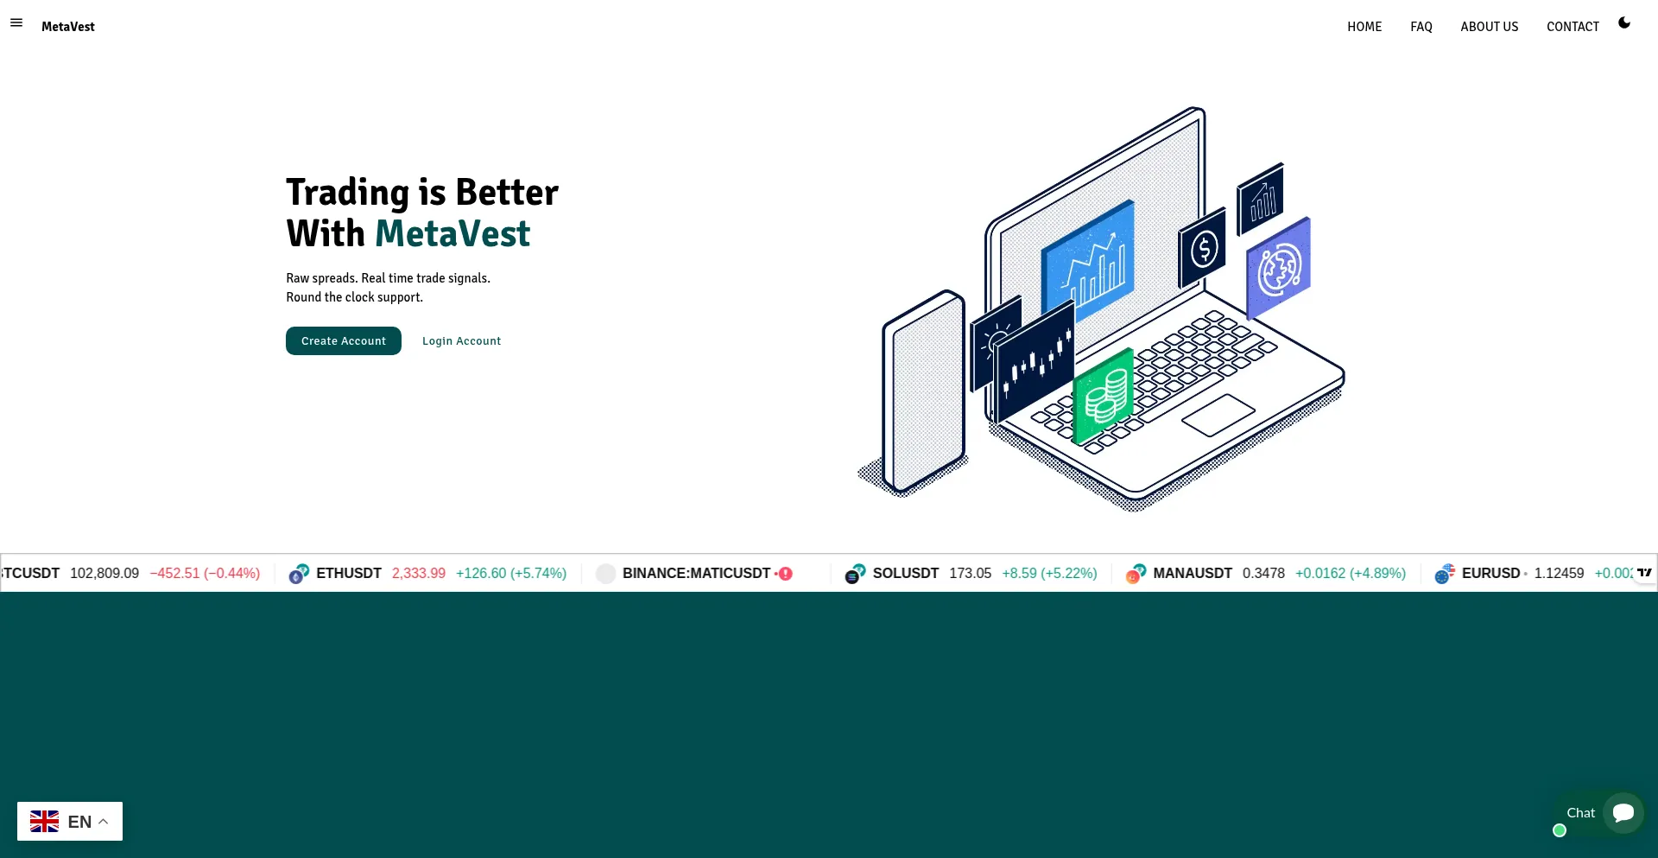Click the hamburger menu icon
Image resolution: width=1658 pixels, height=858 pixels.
16,22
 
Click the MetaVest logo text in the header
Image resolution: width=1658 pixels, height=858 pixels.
68,27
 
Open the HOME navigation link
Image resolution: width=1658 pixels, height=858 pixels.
1364,27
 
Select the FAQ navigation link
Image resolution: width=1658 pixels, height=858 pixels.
1421,27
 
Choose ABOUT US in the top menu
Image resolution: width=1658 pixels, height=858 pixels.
1490,27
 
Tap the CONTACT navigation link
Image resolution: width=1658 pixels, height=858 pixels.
1573,27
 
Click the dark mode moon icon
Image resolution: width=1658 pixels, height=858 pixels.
1624,22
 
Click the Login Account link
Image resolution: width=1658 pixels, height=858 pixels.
461,341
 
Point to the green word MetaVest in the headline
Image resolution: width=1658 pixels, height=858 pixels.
452,233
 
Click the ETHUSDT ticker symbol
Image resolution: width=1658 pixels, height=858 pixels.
349,573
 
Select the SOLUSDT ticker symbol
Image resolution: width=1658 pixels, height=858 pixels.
906,573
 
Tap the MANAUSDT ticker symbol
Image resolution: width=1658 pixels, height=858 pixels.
1193,573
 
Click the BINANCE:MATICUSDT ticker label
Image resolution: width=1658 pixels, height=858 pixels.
696,573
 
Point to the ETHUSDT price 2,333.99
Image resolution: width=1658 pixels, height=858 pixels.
419,573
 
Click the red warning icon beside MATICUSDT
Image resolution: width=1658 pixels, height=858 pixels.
786,574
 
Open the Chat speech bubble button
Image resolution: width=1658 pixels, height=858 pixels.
1623,813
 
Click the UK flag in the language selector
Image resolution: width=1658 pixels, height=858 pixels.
44,822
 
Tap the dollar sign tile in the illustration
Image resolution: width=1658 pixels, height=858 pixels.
1203,248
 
